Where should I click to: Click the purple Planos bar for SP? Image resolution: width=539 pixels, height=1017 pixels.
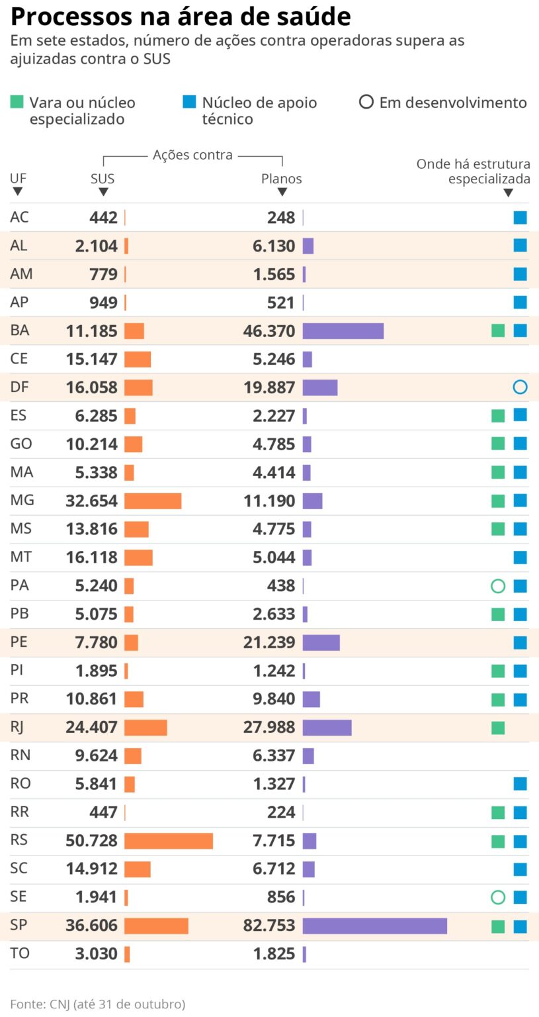click(x=374, y=926)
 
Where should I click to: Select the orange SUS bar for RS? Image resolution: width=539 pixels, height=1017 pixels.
click(x=169, y=841)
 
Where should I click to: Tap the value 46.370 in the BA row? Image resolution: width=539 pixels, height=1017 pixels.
click(x=269, y=331)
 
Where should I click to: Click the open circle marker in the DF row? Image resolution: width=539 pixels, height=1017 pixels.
click(x=520, y=387)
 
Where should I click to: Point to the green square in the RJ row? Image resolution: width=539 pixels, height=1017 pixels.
click(x=498, y=728)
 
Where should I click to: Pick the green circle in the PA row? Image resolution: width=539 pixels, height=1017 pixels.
click(x=498, y=586)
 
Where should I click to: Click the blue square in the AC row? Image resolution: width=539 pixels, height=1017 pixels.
click(x=520, y=217)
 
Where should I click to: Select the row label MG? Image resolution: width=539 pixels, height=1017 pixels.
click(x=22, y=501)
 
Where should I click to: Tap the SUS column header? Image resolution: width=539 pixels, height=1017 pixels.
click(x=103, y=179)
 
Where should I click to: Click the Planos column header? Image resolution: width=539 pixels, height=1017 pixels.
click(x=282, y=179)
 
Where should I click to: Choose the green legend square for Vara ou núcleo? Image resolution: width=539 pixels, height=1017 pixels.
click(x=17, y=103)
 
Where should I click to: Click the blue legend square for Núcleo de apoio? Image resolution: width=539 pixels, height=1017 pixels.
click(x=189, y=103)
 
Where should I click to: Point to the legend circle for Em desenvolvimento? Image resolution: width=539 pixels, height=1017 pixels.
click(x=366, y=103)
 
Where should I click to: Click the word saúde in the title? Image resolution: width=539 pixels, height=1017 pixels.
click(x=305, y=17)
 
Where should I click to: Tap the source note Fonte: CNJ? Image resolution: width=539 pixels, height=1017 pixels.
click(x=97, y=1004)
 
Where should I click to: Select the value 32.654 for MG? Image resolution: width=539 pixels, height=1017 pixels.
click(x=91, y=501)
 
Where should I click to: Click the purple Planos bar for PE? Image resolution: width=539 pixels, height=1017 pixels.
click(x=321, y=642)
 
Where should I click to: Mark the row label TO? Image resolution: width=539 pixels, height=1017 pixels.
click(x=20, y=953)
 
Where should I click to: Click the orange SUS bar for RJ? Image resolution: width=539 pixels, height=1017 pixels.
click(x=145, y=728)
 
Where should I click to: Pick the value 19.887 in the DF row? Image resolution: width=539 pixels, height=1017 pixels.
click(x=269, y=387)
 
